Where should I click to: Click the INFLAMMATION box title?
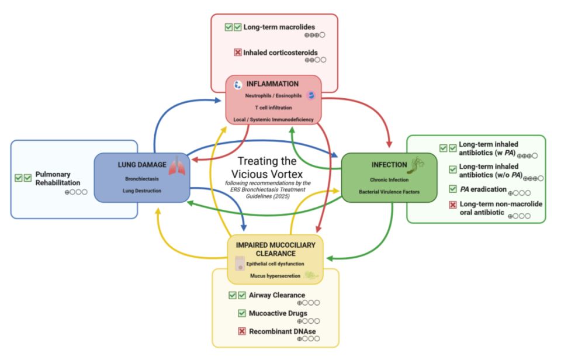click(272, 84)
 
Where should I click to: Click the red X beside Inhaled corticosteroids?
click(238, 53)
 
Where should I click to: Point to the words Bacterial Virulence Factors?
click(389, 191)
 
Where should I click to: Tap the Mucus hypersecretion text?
click(275, 275)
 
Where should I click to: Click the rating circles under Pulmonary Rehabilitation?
click(76, 192)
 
